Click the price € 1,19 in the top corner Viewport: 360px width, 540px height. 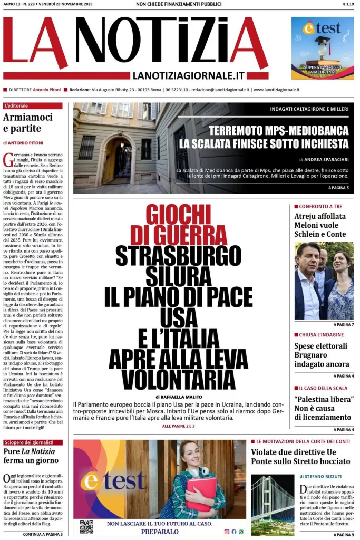click(348, 4)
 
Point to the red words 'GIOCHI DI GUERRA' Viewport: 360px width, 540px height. click(178, 224)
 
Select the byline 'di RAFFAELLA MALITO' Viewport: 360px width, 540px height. click(178, 397)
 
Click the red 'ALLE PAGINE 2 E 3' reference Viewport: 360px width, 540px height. click(178, 426)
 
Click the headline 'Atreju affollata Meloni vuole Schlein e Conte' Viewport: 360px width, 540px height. click(320, 225)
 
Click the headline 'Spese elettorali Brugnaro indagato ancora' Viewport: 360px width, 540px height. click(322, 355)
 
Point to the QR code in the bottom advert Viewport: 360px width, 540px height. click(86, 526)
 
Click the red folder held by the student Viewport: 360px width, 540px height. click(202, 493)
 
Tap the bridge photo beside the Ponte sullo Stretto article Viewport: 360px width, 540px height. click(273, 505)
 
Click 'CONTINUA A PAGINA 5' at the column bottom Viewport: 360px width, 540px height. click(43, 534)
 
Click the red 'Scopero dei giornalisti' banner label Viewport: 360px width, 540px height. click(33, 442)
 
